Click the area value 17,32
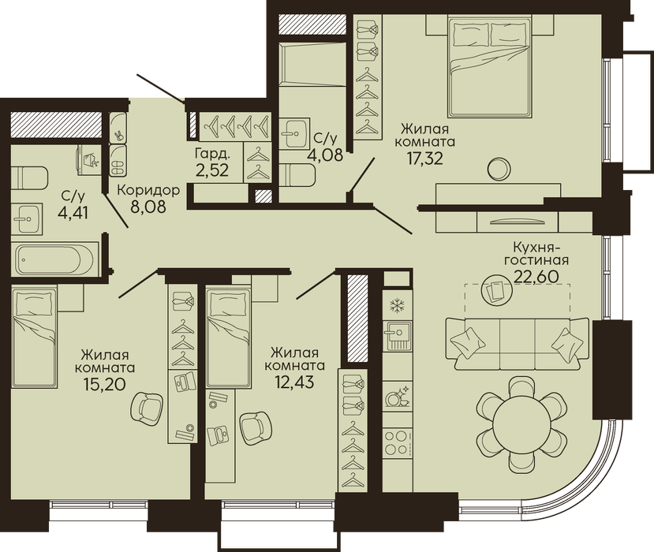click(x=425, y=159)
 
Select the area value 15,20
click(x=105, y=384)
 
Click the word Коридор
click(x=148, y=191)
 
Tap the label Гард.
click(x=212, y=155)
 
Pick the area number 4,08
click(x=325, y=155)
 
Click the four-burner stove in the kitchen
click(x=396, y=442)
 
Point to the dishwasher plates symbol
click(x=398, y=397)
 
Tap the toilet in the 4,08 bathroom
click(x=297, y=176)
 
